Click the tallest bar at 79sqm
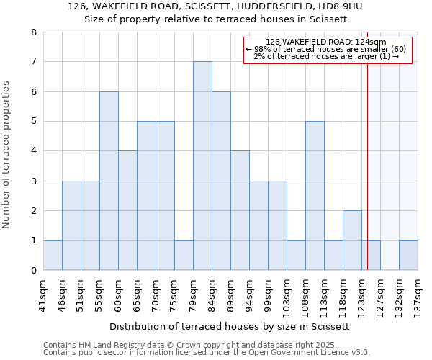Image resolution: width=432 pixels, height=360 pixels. [x=202, y=166]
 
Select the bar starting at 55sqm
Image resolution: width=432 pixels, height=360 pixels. [x=109, y=181]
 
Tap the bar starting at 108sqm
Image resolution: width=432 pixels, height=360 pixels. [x=315, y=196]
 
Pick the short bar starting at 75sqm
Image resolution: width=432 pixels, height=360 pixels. [x=184, y=256]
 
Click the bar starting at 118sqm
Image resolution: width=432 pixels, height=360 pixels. [x=352, y=240]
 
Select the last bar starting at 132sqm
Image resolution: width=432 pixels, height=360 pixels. [x=408, y=256]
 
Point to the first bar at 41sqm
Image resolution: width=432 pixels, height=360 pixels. [x=53, y=256]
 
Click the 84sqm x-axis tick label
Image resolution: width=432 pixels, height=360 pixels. [x=212, y=294]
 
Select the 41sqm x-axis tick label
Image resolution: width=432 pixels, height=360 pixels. [x=43, y=294]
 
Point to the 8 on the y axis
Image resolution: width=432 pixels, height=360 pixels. [x=33, y=32]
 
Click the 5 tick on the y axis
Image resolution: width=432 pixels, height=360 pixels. [x=33, y=122]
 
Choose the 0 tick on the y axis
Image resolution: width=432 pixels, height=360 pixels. [x=33, y=271]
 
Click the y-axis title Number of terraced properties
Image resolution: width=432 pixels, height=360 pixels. [x=6, y=154]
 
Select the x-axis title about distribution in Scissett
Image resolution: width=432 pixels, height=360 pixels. [x=230, y=326]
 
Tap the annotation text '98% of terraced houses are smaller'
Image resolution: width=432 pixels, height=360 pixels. [x=326, y=49]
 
